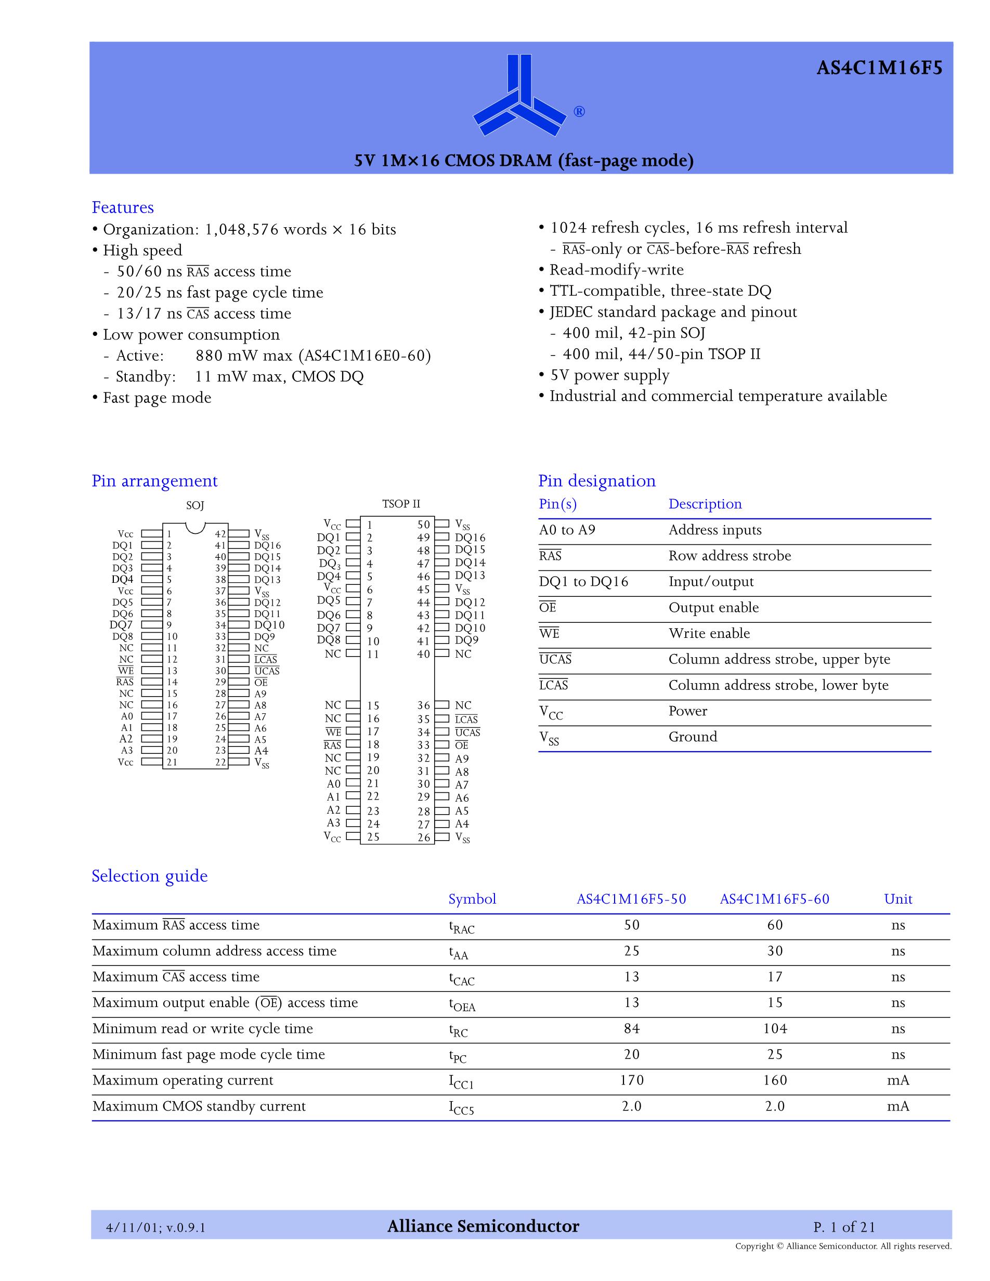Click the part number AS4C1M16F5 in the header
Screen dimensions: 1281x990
(879, 69)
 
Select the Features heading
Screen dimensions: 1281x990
(123, 207)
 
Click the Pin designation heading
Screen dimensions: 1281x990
(596, 481)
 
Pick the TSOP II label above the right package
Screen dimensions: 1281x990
(401, 504)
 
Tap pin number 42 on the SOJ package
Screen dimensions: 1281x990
(220, 534)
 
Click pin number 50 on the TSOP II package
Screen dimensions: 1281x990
(423, 525)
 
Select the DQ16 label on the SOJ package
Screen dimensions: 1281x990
(267, 545)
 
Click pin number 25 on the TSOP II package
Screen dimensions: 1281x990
(373, 838)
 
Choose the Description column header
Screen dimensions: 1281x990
(705, 504)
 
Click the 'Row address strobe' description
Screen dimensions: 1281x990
(730, 556)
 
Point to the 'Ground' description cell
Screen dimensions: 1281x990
(693, 737)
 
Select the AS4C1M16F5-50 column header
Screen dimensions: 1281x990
(631, 899)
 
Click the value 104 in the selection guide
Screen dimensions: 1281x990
(775, 1029)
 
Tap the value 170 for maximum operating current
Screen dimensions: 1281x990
(632, 1080)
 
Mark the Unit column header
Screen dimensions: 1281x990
(898, 899)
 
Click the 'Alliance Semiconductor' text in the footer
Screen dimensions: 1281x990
(483, 1227)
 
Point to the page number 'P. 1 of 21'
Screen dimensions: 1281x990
(844, 1227)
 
